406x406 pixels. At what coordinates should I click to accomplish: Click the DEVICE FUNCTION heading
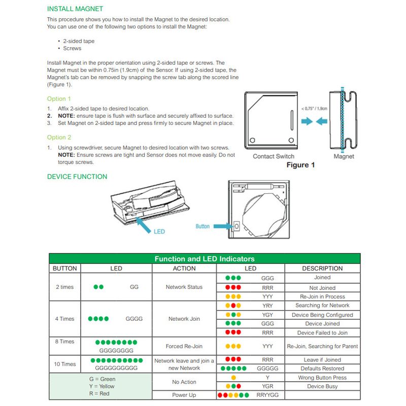[77, 177]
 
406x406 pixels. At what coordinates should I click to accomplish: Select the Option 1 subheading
[59, 99]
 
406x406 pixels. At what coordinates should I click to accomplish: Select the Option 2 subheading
[59, 138]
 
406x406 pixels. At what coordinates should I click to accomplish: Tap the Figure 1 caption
[300, 165]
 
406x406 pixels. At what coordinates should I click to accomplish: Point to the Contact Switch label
[274, 156]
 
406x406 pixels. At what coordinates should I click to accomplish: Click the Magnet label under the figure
[344, 156]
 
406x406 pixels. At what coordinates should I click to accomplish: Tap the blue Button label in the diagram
[202, 226]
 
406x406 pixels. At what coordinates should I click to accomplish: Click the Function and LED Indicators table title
[205, 259]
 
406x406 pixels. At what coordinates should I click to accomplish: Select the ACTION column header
[184, 268]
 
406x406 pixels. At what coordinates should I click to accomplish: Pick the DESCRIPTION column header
[322, 268]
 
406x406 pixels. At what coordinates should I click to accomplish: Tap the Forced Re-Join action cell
[184, 346]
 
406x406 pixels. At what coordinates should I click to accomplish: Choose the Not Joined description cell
[322, 288]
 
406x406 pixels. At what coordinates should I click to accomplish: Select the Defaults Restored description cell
[322, 368]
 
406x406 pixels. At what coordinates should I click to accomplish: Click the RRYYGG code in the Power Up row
[267, 395]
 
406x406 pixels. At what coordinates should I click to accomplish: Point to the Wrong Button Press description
[322, 378]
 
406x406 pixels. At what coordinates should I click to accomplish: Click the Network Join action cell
[184, 319]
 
